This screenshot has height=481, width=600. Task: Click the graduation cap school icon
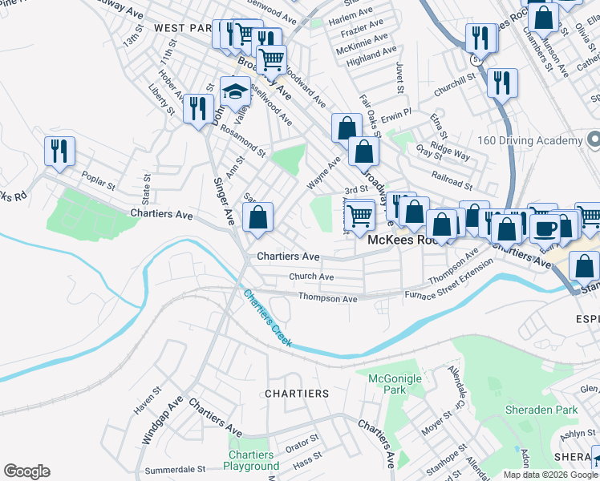[x=235, y=91]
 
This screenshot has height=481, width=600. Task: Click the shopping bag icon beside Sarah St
[x=257, y=217]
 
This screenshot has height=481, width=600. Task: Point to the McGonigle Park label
[x=388, y=383]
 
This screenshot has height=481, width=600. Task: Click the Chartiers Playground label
[x=252, y=460]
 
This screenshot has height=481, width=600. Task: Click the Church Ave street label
[x=311, y=277]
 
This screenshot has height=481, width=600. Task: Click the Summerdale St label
[x=176, y=470]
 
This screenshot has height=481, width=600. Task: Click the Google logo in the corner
[x=26, y=471]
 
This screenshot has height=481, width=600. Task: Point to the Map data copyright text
[x=549, y=475]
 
